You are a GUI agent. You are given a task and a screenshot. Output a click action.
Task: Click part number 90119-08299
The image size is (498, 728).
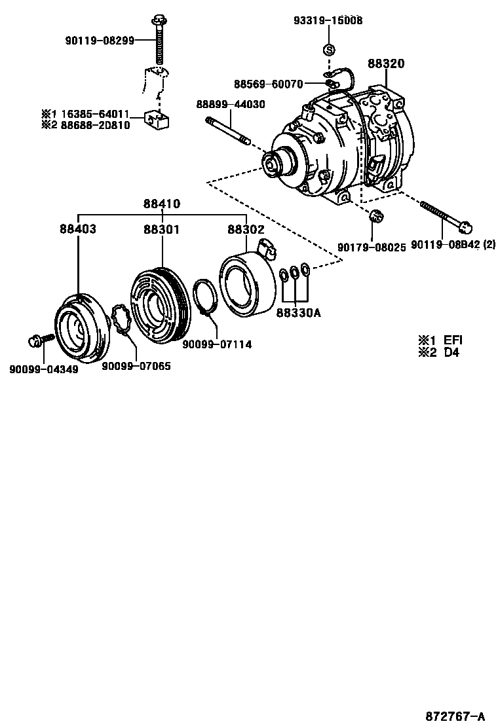click(100, 41)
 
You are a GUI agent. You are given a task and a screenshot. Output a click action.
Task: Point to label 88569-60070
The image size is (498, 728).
click(269, 84)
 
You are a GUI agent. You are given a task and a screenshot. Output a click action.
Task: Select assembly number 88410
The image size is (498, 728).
click(162, 204)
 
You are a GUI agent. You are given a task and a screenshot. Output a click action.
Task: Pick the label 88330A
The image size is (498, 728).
click(297, 312)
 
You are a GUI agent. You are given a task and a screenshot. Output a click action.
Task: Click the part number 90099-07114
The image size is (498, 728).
click(217, 344)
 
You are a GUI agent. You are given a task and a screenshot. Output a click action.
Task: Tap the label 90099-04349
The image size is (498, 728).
click(44, 369)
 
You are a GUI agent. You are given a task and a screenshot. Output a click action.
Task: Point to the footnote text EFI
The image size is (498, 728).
click(453, 340)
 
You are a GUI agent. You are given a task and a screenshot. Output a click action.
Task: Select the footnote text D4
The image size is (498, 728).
click(451, 352)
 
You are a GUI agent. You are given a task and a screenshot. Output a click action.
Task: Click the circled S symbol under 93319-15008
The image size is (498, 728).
click(329, 50)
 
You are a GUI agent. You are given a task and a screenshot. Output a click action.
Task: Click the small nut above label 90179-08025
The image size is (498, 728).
click(376, 216)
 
